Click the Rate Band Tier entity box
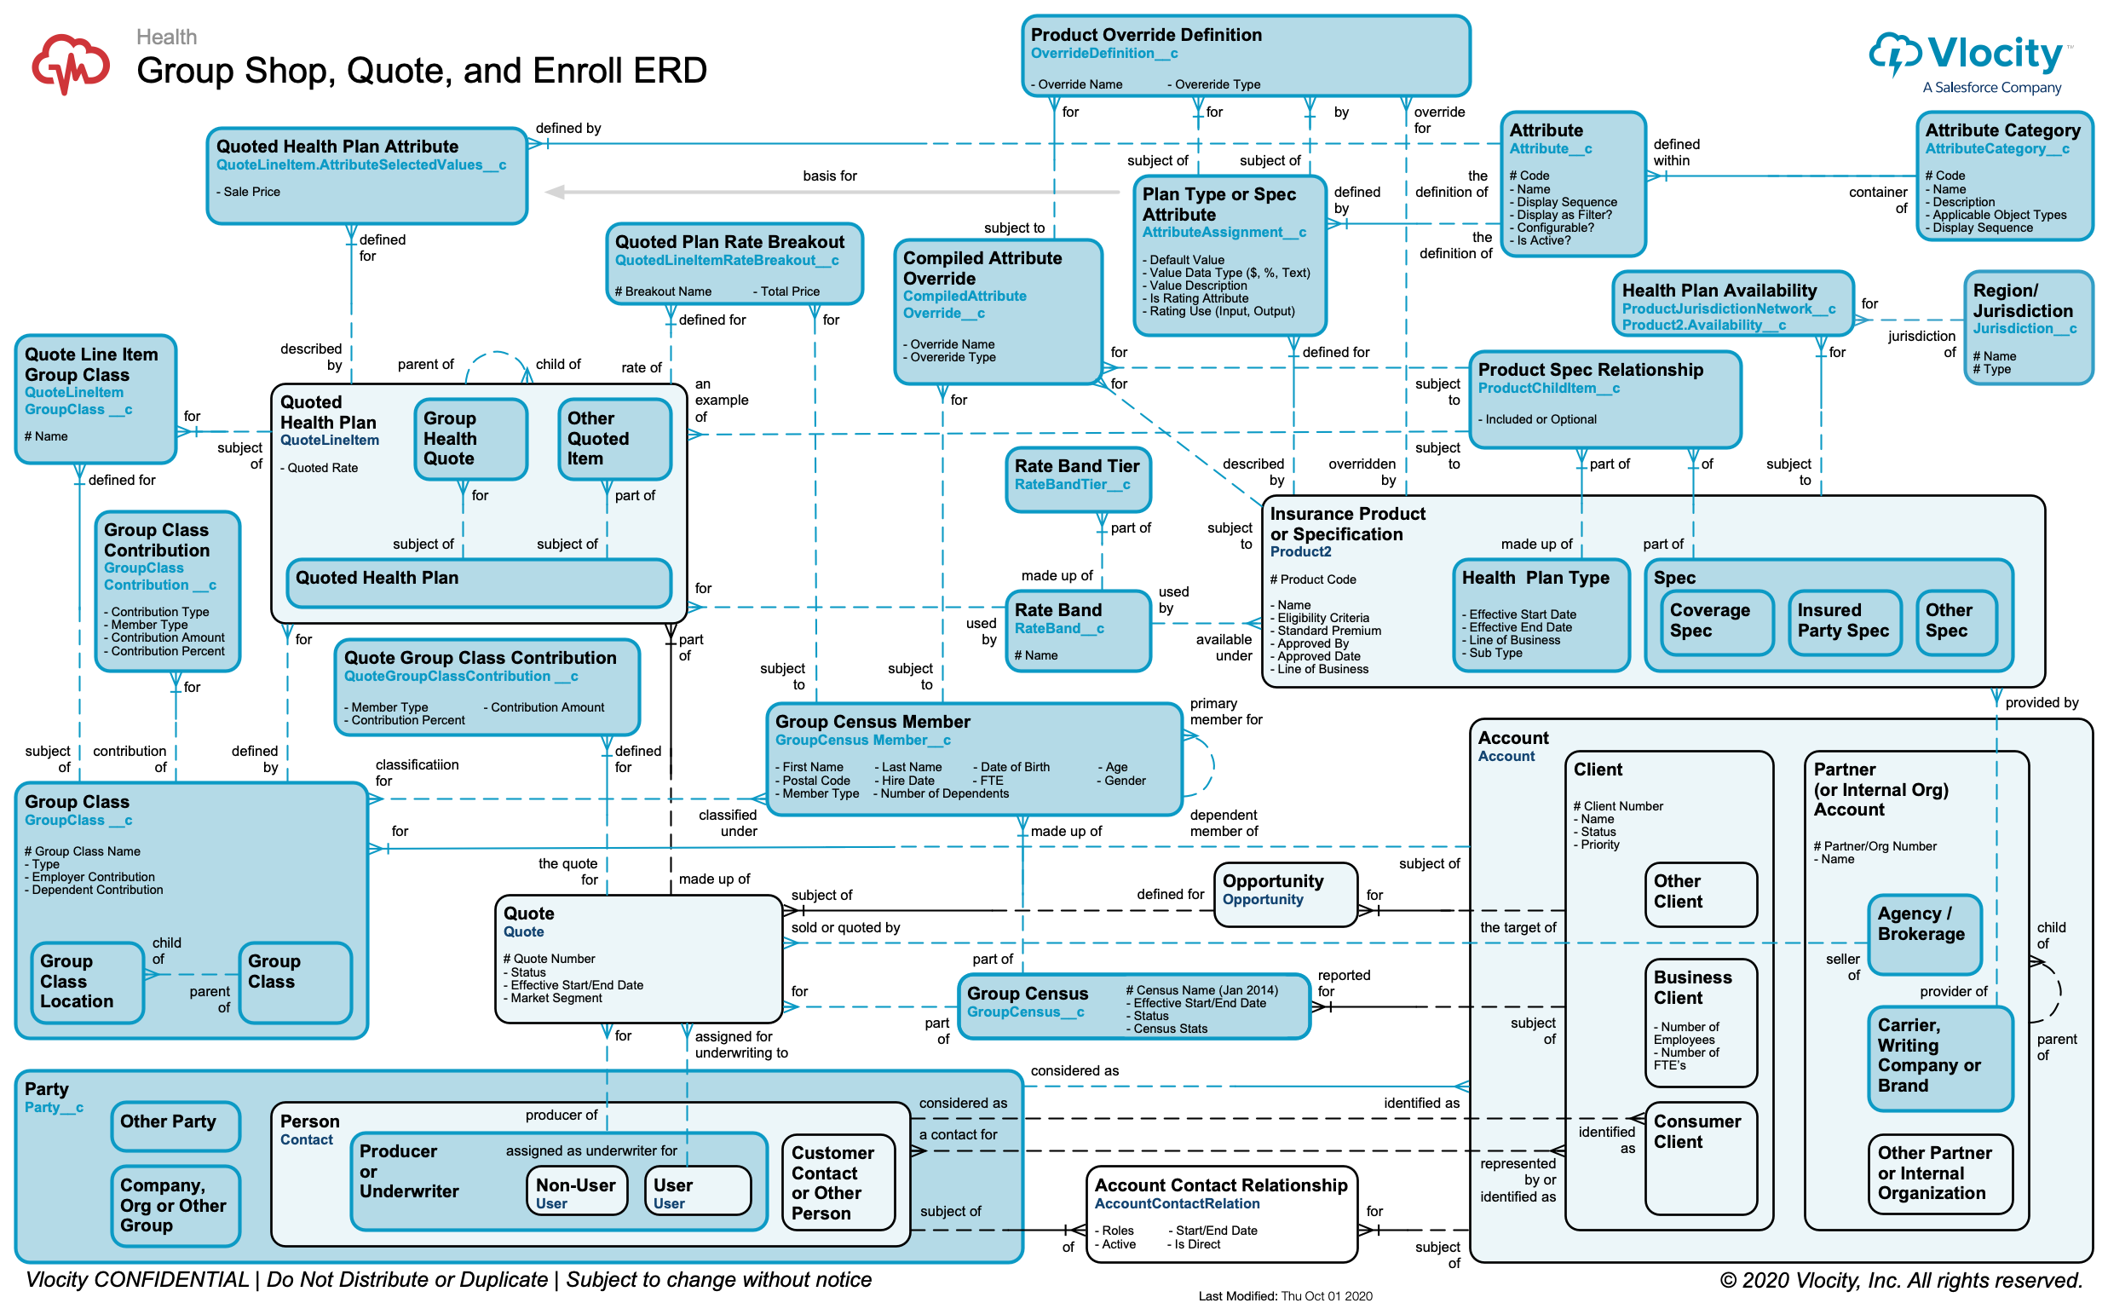(1077, 478)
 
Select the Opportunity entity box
(1284, 894)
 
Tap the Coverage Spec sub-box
(1717, 621)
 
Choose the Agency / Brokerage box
(1924, 932)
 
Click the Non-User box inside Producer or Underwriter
(575, 1191)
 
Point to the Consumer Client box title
(1696, 1131)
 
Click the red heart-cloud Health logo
(71, 62)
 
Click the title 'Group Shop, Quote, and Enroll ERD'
(421, 71)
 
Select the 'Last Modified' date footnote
(1284, 1295)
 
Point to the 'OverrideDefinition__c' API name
(1103, 54)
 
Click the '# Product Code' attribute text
(1312, 579)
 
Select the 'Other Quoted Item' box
(613, 438)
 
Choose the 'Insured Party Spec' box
(1843, 621)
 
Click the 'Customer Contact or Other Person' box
(838, 1181)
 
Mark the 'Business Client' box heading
(1691, 987)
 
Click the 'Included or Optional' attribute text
(1540, 419)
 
